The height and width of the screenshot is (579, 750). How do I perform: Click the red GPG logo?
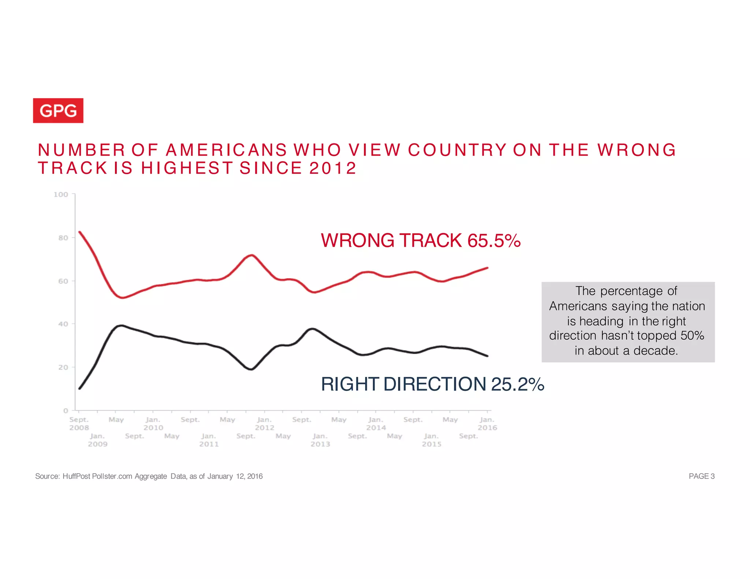(x=58, y=111)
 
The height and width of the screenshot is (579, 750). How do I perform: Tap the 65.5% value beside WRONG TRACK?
(x=494, y=240)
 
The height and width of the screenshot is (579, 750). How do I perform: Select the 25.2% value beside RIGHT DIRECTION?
(x=517, y=384)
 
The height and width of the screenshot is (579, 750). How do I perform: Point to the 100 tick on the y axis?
(x=61, y=194)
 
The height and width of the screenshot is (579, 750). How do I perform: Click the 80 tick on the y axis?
(x=63, y=238)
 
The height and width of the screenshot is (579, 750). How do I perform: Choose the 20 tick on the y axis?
(x=63, y=367)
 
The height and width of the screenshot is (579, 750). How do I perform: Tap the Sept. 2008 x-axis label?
(x=79, y=423)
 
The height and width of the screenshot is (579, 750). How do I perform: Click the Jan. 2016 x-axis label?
(x=487, y=423)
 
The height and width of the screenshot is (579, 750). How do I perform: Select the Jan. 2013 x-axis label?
(x=320, y=440)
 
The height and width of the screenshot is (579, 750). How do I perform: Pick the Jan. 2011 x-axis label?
(x=209, y=440)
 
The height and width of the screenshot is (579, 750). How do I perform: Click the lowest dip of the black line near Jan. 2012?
(x=251, y=369)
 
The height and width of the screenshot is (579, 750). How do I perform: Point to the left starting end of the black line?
(x=79, y=388)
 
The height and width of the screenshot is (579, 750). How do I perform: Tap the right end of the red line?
(x=487, y=268)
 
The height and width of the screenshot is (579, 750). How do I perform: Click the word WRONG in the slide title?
(x=636, y=150)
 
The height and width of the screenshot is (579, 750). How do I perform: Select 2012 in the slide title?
(x=333, y=168)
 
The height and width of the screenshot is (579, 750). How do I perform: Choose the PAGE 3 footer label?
(x=701, y=476)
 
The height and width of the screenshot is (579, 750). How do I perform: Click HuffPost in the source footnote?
(x=76, y=476)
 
